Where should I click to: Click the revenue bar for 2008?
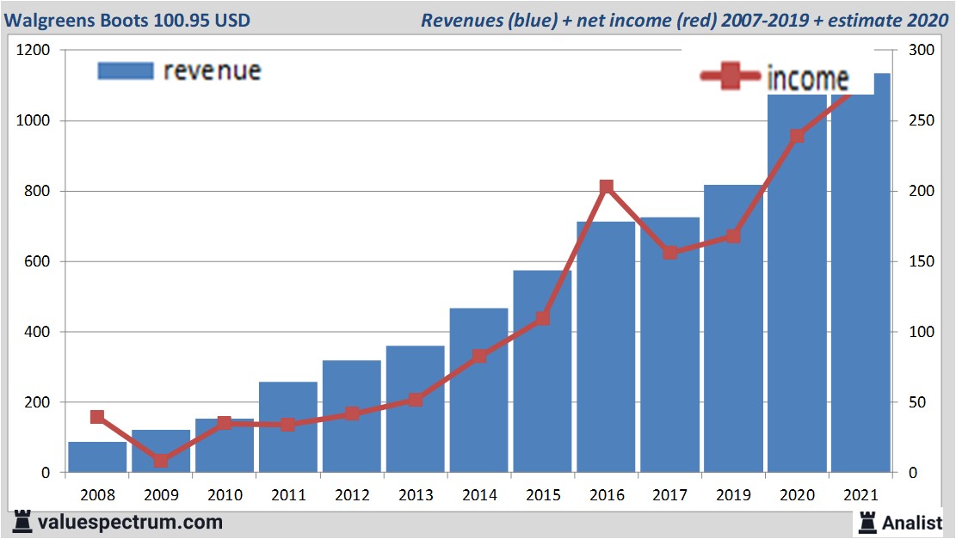[x=97, y=457]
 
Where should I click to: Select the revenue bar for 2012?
[x=352, y=417]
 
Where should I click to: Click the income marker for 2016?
[x=606, y=187]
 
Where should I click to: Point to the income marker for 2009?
[x=161, y=461]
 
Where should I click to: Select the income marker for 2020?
[x=797, y=136]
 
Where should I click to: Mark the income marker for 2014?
[x=479, y=356]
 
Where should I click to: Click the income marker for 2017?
[x=670, y=253]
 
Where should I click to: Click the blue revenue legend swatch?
[x=126, y=70]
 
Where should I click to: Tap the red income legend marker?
[x=730, y=77]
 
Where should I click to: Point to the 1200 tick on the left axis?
[x=34, y=51]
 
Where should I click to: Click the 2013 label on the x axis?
[x=416, y=496]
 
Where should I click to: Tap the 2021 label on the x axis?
[x=860, y=496]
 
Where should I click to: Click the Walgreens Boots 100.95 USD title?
[x=128, y=20]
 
